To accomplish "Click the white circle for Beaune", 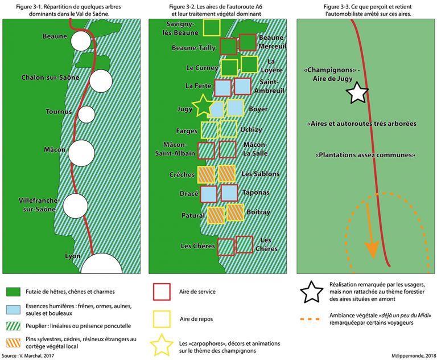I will (80, 41).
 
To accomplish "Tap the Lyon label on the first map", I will (73, 256).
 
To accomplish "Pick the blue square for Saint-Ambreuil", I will (242, 87).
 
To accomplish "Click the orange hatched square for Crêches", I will (206, 174).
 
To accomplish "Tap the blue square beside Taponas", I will (229, 193).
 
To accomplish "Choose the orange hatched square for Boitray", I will (235, 212).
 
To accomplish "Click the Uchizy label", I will (251, 129).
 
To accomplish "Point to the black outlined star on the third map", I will (357, 92).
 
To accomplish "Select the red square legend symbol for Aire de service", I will (162, 292).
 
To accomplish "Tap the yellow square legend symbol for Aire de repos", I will (162, 321).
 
